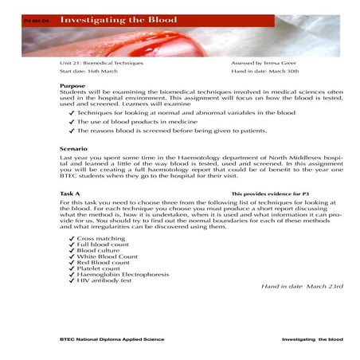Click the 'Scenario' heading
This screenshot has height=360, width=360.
(74, 149)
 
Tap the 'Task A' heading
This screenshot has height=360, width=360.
(70, 194)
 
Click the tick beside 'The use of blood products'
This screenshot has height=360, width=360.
(72, 122)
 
